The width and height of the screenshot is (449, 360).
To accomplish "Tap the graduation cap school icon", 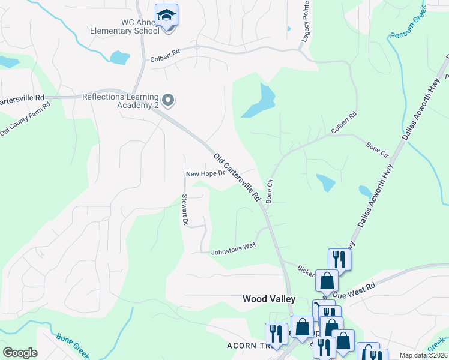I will click(x=167, y=14).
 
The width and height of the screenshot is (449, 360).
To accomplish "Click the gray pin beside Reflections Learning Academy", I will click(x=169, y=100).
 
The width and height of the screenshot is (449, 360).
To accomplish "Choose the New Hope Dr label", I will click(x=205, y=174).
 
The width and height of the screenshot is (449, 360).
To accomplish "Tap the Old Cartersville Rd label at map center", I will click(x=237, y=177).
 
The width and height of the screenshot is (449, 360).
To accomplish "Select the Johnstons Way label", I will click(x=234, y=252).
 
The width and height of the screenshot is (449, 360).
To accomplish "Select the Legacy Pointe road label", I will click(x=305, y=21).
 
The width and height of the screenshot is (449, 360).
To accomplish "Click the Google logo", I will click(x=20, y=353).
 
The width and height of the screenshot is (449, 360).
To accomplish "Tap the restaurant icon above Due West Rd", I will click(x=339, y=259).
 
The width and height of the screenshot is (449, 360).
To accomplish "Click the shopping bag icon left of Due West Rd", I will click(x=327, y=280).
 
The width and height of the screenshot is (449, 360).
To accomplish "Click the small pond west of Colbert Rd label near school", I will click(x=120, y=57).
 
